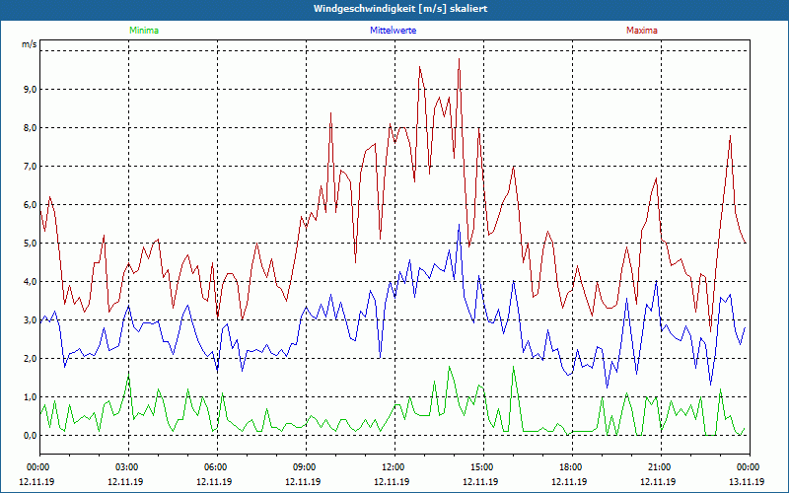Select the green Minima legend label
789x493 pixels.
[x=143, y=31]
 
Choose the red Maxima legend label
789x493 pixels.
[x=641, y=31]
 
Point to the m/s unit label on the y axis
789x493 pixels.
[x=29, y=44]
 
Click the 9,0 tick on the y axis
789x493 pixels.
[x=29, y=90]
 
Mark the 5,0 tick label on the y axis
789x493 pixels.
[x=29, y=244]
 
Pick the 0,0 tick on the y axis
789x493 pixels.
[x=29, y=436]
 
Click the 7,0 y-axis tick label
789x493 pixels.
[x=29, y=167]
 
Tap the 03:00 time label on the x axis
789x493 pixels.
[x=127, y=467]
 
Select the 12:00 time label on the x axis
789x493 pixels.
[x=394, y=467]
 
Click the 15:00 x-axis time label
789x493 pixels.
[x=482, y=467]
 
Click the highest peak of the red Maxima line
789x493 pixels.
[x=459, y=59]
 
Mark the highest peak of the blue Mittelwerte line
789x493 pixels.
[x=459, y=225]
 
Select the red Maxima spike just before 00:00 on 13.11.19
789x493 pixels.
[x=730, y=135]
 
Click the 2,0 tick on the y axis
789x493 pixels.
[x=29, y=359]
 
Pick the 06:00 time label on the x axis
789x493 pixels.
[x=216, y=467]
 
